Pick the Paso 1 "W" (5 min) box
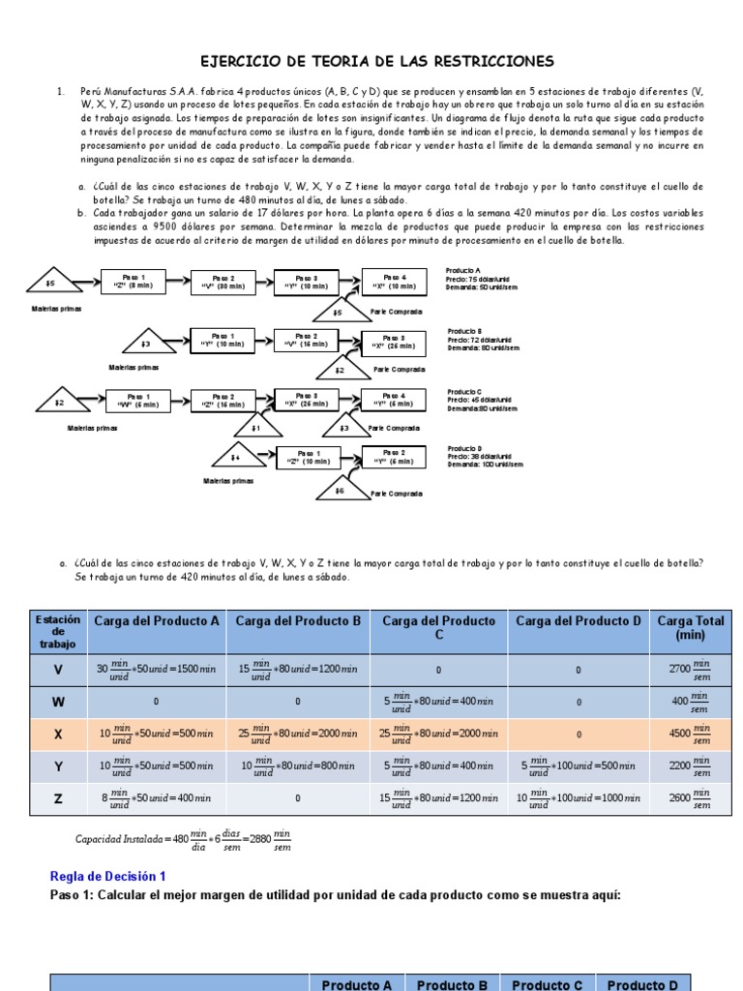(140, 400)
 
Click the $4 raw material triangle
(234, 456)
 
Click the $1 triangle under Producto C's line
(254, 427)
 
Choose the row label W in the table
(58, 701)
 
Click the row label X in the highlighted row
(58, 734)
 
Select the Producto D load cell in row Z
(579, 798)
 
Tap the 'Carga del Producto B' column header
(298, 621)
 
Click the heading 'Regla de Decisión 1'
(107, 876)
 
